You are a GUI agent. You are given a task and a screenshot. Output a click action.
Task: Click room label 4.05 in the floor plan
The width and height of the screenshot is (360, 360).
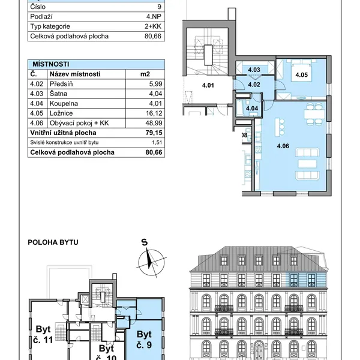click(x=301, y=75)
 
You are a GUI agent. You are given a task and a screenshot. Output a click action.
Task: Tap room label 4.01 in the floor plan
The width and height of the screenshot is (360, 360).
click(x=208, y=85)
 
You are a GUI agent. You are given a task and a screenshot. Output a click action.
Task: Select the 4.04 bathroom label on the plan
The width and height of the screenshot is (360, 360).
click(x=252, y=109)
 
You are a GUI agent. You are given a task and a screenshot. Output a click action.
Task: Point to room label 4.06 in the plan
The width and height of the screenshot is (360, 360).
click(x=283, y=146)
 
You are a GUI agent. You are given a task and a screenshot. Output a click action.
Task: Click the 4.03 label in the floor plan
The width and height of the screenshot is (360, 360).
click(x=254, y=70)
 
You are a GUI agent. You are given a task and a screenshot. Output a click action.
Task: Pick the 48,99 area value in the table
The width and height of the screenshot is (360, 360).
click(x=154, y=123)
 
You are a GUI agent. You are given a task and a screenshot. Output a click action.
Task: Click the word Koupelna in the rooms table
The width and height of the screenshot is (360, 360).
click(x=64, y=104)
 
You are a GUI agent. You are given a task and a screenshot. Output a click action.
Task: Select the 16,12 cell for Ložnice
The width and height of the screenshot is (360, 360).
click(x=154, y=113)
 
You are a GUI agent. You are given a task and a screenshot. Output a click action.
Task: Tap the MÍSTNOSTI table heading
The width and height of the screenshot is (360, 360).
click(x=51, y=64)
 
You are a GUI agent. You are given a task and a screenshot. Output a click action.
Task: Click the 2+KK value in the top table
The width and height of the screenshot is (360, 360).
click(x=153, y=26)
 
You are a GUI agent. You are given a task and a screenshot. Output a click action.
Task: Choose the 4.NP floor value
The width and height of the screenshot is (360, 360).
click(x=154, y=17)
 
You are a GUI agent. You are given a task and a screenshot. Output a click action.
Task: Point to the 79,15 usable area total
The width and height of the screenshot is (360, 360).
click(x=154, y=133)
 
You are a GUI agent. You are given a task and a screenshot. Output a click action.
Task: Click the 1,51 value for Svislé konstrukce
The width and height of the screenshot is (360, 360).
click(x=157, y=143)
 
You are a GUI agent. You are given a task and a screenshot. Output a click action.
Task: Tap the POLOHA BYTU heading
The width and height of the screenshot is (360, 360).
click(x=53, y=242)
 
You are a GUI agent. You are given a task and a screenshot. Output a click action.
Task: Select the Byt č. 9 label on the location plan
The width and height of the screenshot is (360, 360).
click(x=144, y=340)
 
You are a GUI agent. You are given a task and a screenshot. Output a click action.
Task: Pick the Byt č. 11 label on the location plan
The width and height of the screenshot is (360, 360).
click(x=43, y=335)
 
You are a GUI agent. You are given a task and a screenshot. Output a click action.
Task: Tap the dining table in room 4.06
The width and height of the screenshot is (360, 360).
click(x=314, y=114)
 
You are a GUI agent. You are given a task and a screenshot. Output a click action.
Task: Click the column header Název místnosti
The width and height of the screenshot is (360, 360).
click(x=75, y=74)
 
